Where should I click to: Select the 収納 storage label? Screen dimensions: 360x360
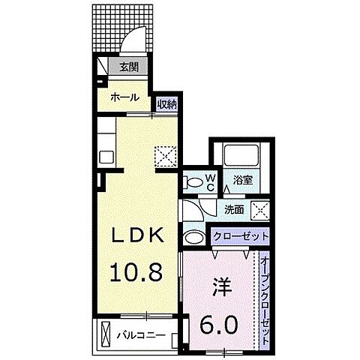166,104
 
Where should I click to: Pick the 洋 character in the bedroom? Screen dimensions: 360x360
220,286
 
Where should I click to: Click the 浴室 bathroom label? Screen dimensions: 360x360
241,180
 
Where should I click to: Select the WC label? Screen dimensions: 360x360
211,180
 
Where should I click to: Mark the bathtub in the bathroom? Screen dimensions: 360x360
241,157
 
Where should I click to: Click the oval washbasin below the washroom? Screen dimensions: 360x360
193,238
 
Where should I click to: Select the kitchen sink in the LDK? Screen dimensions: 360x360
106,155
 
